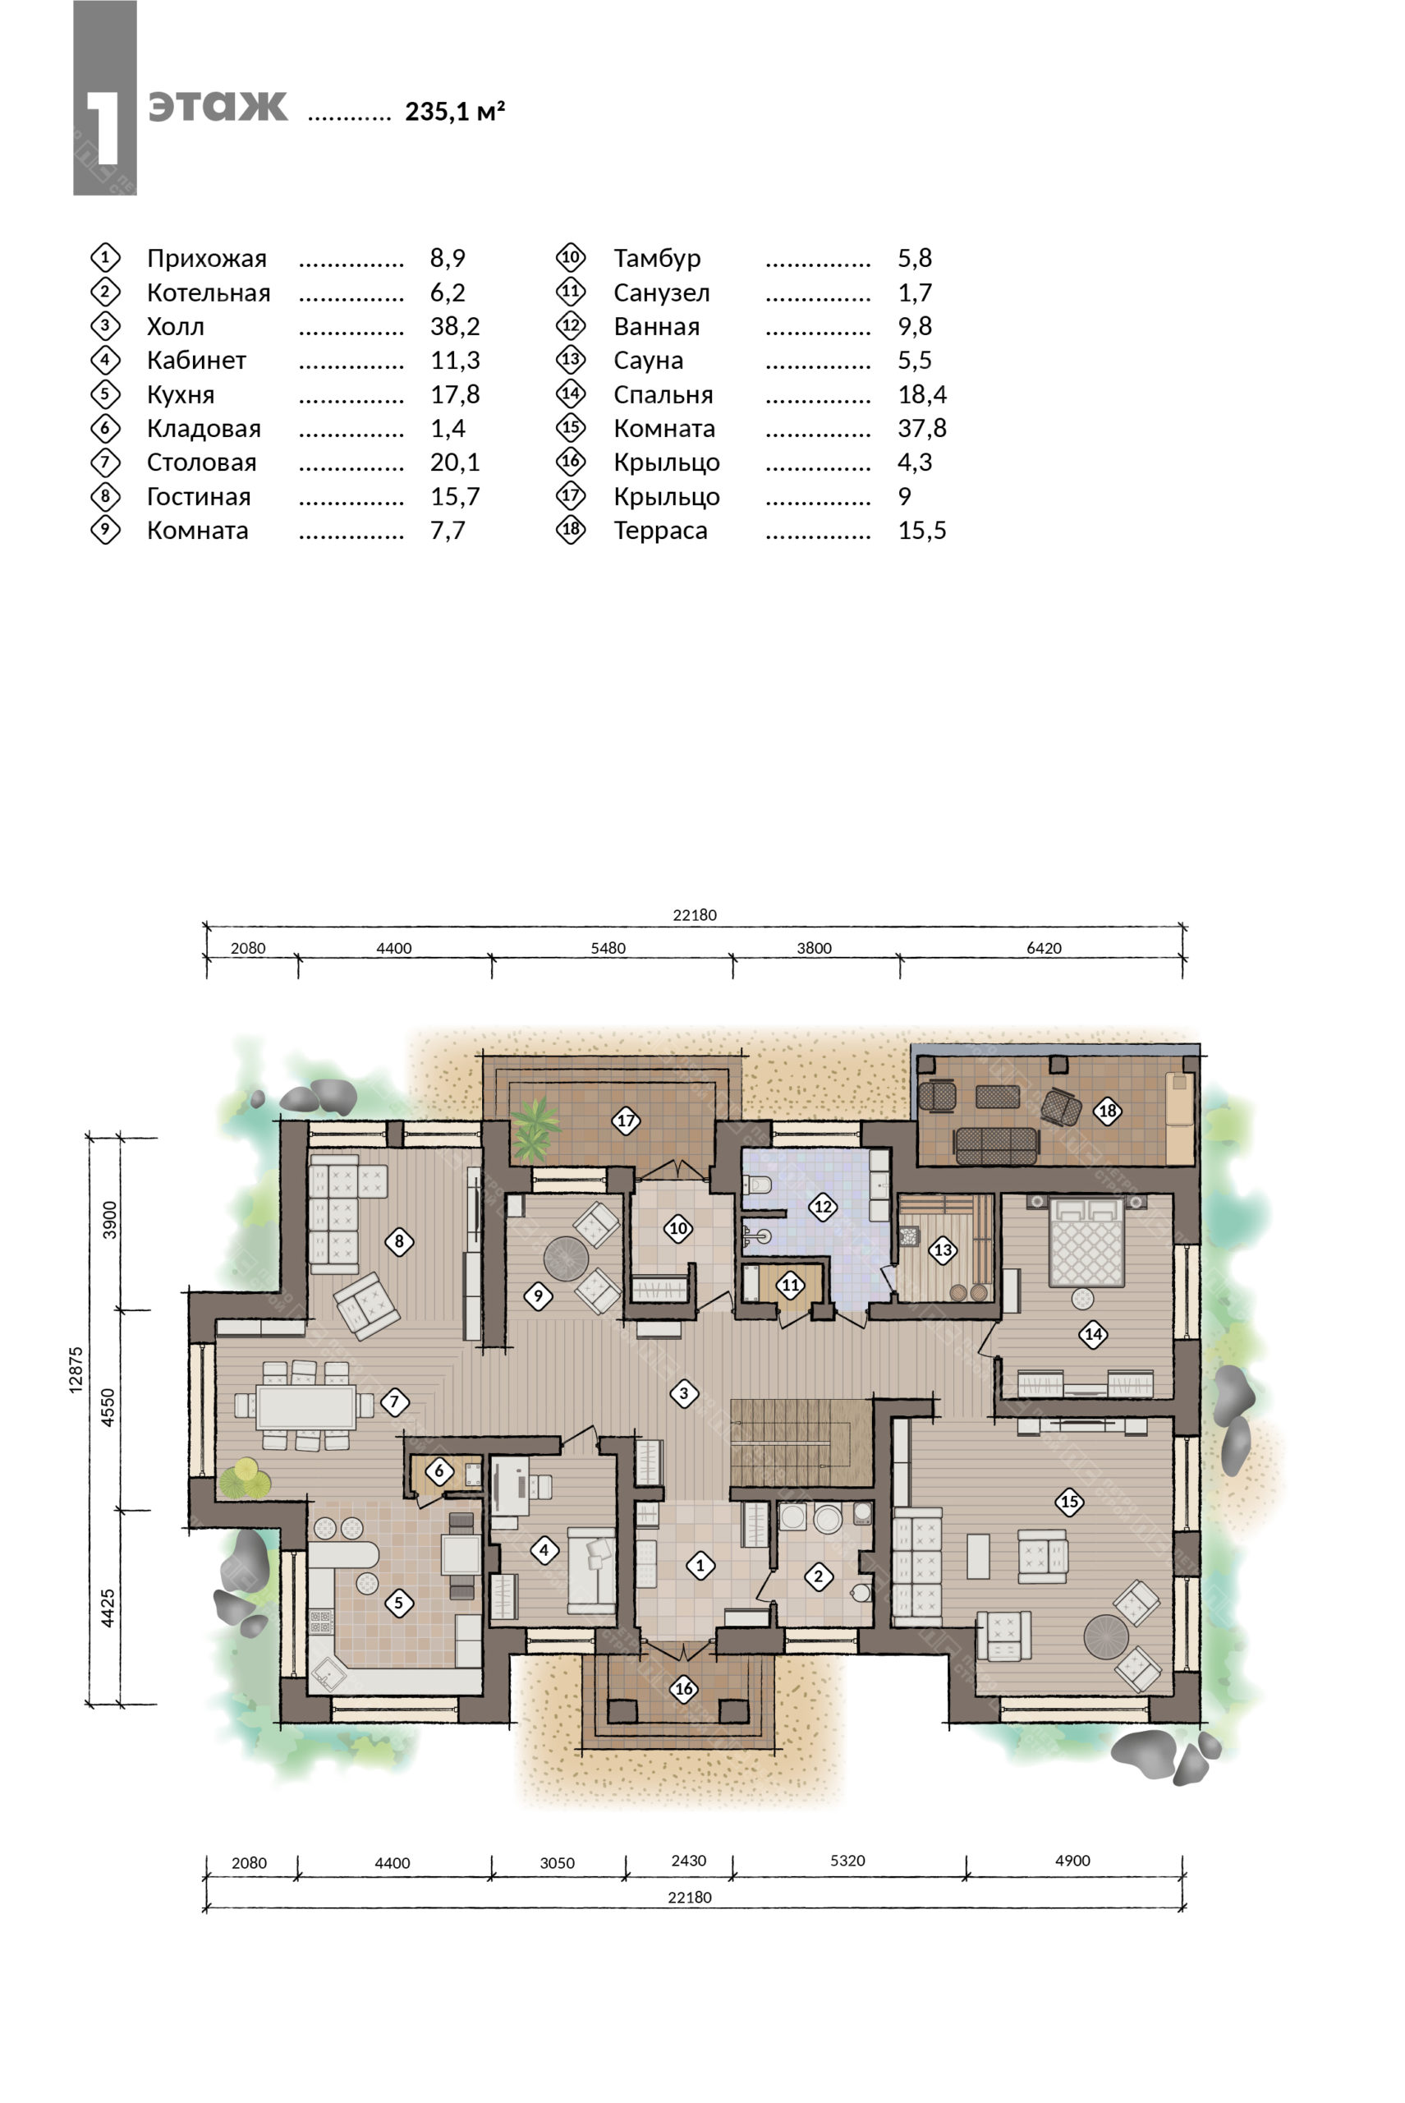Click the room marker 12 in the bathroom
pyautogui.click(x=823, y=1207)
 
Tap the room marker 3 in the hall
pyautogui.click(x=684, y=1393)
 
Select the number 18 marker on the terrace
pyautogui.click(x=1108, y=1111)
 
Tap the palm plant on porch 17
pyautogui.click(x=534, y=1126)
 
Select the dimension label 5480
pyautogui.click(x=608, y=947)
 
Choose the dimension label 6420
pyautogui.click(x=1044, y=947)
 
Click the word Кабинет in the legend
pyautogui.click(x=196, y=361)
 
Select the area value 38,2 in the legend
pyautogui.click(x=455, y=326)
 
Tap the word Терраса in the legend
pyautogui.click(x=660, y=531)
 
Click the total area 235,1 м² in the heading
pyautogui.click(x=455, y=111)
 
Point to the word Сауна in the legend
pyautogui.click(x=648, y=361)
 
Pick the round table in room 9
pyautogui.click(x=567, y=1259)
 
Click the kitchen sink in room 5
pyautogui.click(x=327, y=1672)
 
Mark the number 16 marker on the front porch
pyautogui.click(x=684, y=1689)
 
